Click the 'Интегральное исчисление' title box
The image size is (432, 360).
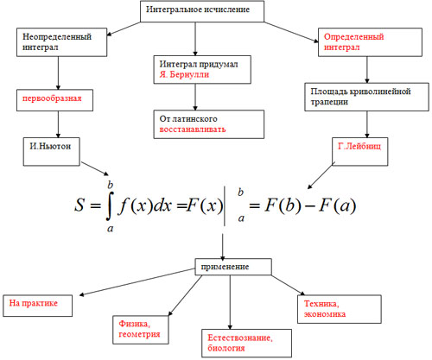(x=202, y=11)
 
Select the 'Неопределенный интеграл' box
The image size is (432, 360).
(x=61, y=42)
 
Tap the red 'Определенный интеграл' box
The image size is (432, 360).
(x=370, y=42)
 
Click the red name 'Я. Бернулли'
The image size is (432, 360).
(x=184, y=74)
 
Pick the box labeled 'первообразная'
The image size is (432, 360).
(x=54, y=100)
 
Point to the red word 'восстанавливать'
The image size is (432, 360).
(x=193, y=129)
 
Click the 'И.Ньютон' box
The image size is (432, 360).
(x=52, y=152)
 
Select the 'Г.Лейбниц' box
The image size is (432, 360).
(x=360, y=152)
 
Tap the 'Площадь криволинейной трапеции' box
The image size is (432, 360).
(x=367, y=97)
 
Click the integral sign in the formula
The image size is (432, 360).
(x=109, y=205)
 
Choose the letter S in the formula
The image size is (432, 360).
(x=79, y=205)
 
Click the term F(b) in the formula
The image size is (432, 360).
(x=283, y=205)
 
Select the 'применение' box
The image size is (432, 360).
(x=233, y=267)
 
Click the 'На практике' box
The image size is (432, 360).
(x=37, y=306)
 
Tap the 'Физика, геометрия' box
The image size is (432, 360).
(x=141, y=330)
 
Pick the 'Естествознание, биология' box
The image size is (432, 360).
(x=246, y=344)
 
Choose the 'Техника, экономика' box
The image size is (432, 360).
(x=340, y=309)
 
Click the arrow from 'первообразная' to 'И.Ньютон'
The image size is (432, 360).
(x=58, y=124)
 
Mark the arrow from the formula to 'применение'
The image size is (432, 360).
(x=223, y=246)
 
